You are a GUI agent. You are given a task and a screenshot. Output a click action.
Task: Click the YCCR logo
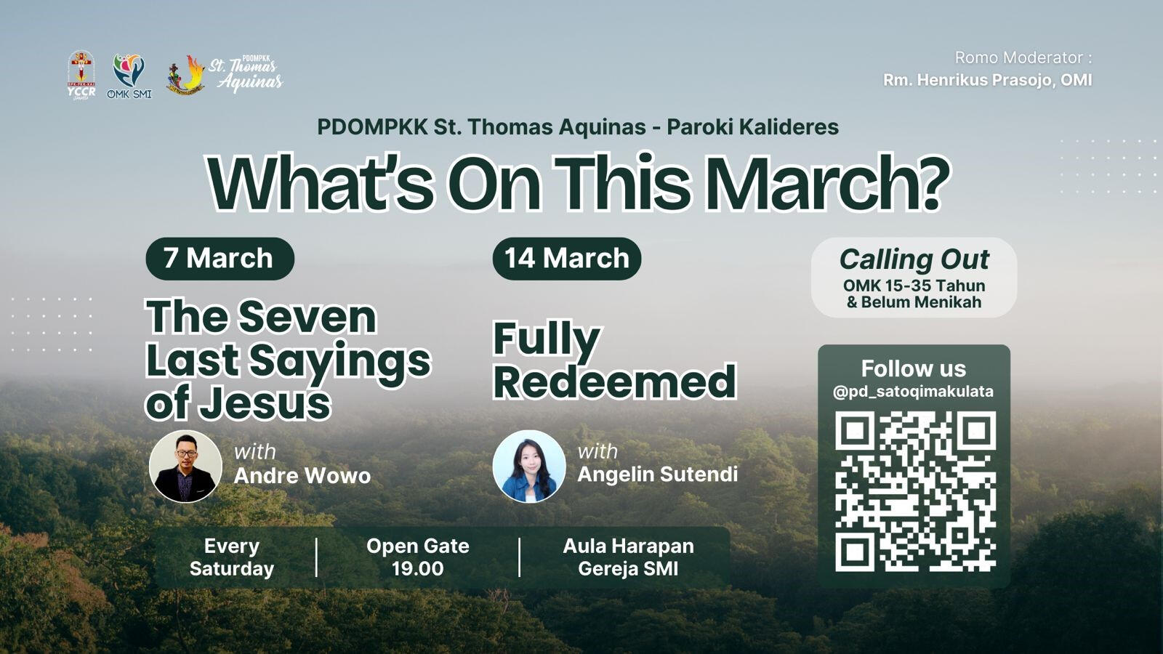pos(81,75)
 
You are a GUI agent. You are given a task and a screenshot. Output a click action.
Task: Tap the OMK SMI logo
pos(129,76)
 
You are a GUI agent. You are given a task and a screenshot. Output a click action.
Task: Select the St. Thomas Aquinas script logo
pos(225,74)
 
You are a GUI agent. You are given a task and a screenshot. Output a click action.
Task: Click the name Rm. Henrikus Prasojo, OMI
pos(988,80)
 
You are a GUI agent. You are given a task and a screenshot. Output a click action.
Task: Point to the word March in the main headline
pos(826,182)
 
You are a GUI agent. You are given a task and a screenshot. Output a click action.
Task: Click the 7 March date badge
pos(220,259)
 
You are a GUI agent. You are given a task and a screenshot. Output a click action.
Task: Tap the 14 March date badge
pos(566,259)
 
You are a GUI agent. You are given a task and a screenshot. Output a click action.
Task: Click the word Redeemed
pos(615,381)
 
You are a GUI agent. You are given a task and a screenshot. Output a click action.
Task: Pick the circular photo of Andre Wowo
pos(185,466)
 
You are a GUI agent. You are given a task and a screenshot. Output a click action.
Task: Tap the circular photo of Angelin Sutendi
pos(529,466)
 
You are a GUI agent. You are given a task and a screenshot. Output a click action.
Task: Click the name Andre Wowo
pos(302,475)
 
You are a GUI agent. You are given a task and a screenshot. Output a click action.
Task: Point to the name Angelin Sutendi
pos(657,474)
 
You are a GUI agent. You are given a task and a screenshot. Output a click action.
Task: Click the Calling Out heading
pos(914,259)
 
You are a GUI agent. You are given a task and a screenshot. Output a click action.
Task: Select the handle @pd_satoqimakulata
pos(913,392)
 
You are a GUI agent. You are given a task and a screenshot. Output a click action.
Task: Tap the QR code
pos(915,491)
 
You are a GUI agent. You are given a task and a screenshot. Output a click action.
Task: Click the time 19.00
pos(417,568)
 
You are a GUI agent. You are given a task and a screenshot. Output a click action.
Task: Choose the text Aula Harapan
pos(628,546)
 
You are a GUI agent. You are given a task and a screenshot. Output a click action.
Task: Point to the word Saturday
pos(232,568)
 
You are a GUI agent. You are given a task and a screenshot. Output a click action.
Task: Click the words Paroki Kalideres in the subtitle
pos(753,127)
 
